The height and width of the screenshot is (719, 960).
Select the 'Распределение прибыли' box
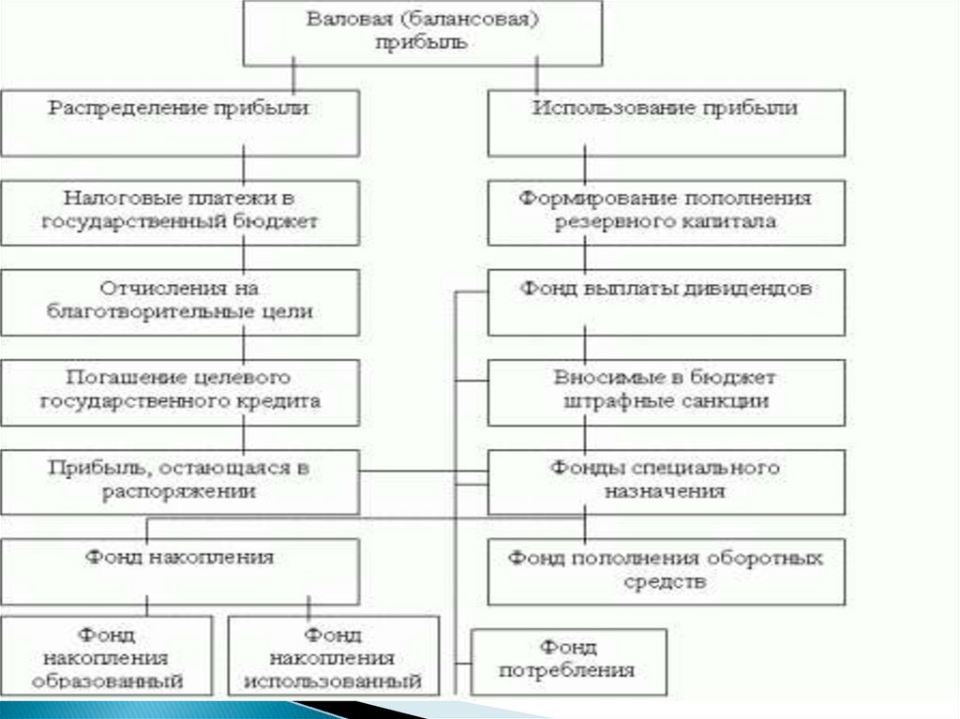click(179, 122)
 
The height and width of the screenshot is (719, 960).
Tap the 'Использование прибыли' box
click(666, 122)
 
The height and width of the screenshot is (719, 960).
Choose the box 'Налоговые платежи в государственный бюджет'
click(179, 212)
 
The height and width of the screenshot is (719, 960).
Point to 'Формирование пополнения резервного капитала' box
click(666, 212)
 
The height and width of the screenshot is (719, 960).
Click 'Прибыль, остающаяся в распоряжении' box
click(179, 481)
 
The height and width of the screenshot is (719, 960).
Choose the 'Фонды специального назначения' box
click(666, 481)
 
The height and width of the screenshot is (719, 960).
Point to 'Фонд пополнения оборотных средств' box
click(666, 571)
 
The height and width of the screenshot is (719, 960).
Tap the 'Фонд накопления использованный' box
click(334, 657)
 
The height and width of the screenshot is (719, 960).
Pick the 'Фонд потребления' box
click(569, 659)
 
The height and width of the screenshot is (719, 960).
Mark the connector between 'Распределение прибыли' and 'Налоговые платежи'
click(244, 168)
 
